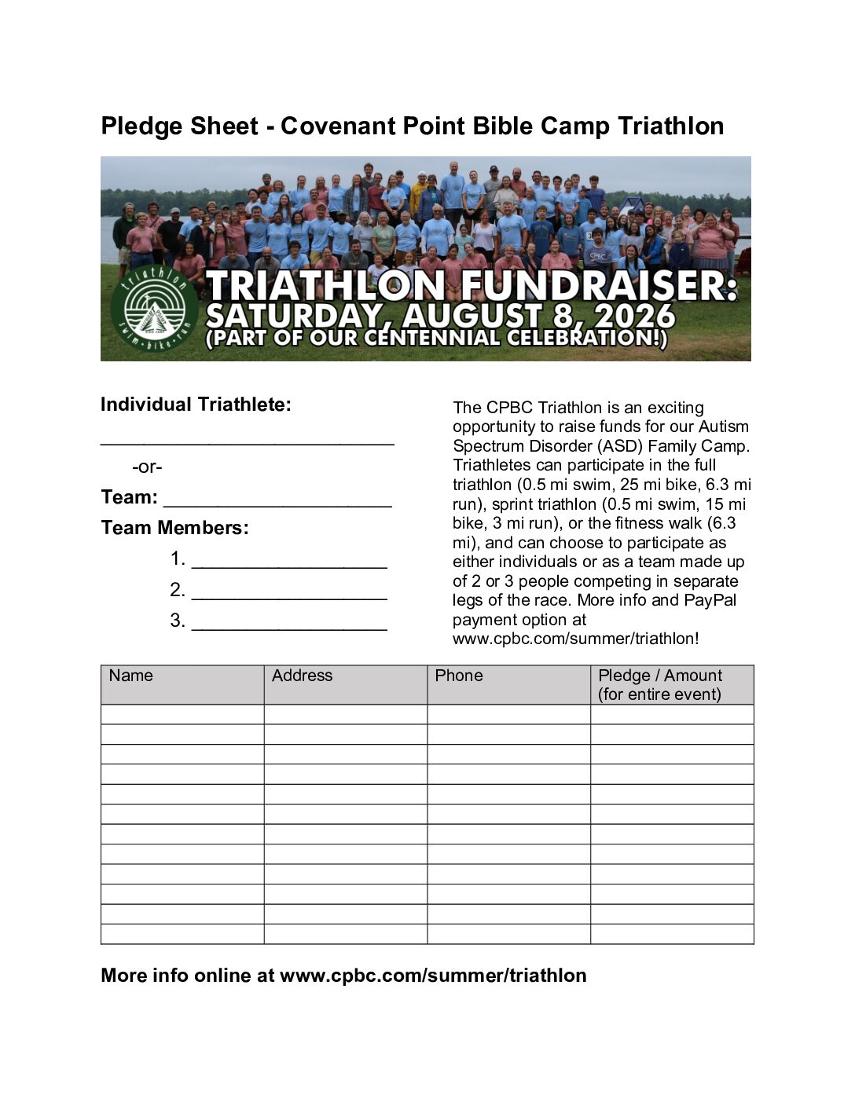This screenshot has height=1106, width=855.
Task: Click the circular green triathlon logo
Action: (x=154, y=307)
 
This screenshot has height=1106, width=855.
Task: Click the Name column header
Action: (x=131, y=676)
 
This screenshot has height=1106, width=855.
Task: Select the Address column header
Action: (x=302, y=676)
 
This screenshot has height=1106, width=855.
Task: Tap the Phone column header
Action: (x=459, y=676)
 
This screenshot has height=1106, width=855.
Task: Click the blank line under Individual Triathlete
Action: (x=247, y=441)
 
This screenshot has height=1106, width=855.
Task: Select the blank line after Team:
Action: (x=277, y=503)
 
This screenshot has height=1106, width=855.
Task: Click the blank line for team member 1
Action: (x=289, y=563)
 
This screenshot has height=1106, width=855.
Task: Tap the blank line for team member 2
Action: (x=289, y=595)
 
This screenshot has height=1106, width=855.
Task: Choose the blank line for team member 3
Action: (x=289, y=625)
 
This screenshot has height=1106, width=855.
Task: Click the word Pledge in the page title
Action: (x=138, y=126)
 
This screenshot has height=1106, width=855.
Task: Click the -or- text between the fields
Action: (x=147, y=467)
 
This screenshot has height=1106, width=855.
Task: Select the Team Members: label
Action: (x=174, y=528)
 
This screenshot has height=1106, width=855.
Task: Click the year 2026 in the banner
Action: (x=635, y=317)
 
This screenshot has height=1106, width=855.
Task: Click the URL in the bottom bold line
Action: (x=433, y=976)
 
